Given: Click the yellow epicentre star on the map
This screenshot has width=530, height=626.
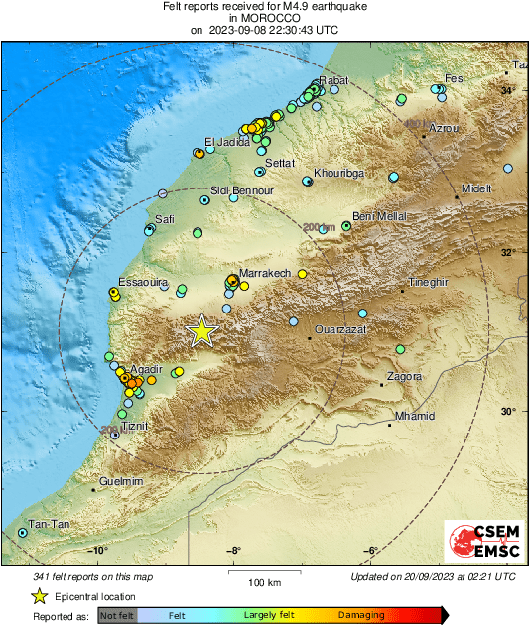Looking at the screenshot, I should point(202,331).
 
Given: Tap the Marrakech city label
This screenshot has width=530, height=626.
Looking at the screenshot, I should point(263,272).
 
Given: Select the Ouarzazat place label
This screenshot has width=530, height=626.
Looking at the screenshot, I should point(340,328).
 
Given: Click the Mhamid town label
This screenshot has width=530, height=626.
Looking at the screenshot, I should point(415,416).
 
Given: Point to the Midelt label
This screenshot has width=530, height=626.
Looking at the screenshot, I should point(476,188).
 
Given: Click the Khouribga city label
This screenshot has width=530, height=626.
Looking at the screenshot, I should point(338,173).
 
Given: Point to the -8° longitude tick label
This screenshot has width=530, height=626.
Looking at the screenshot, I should point(233,551).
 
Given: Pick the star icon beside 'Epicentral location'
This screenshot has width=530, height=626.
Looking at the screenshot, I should point(39,597).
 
